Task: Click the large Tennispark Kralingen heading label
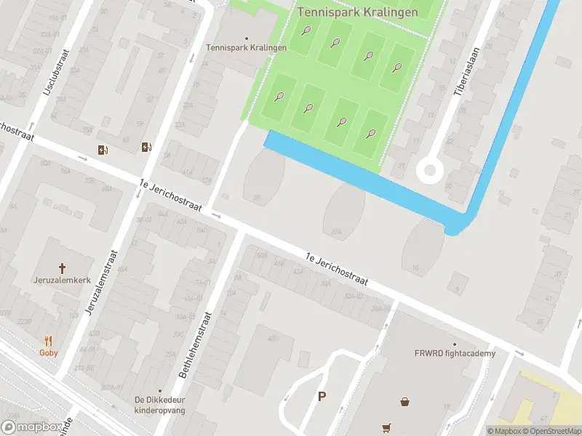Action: point(357,12)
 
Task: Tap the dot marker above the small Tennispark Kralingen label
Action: point(246,38)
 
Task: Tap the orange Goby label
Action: point(49,352)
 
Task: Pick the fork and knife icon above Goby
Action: point(49,340)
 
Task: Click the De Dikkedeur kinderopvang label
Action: point(160,405)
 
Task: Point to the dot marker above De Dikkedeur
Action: point(160,390)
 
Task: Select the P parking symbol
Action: point(322,397)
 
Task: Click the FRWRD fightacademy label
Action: point(455,354)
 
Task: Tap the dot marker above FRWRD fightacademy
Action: point(455,344)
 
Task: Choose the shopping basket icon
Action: point(404,400)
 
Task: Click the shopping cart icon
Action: point(386,428)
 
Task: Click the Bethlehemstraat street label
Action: point(194,345)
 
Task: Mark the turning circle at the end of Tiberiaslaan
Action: point(429,171)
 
